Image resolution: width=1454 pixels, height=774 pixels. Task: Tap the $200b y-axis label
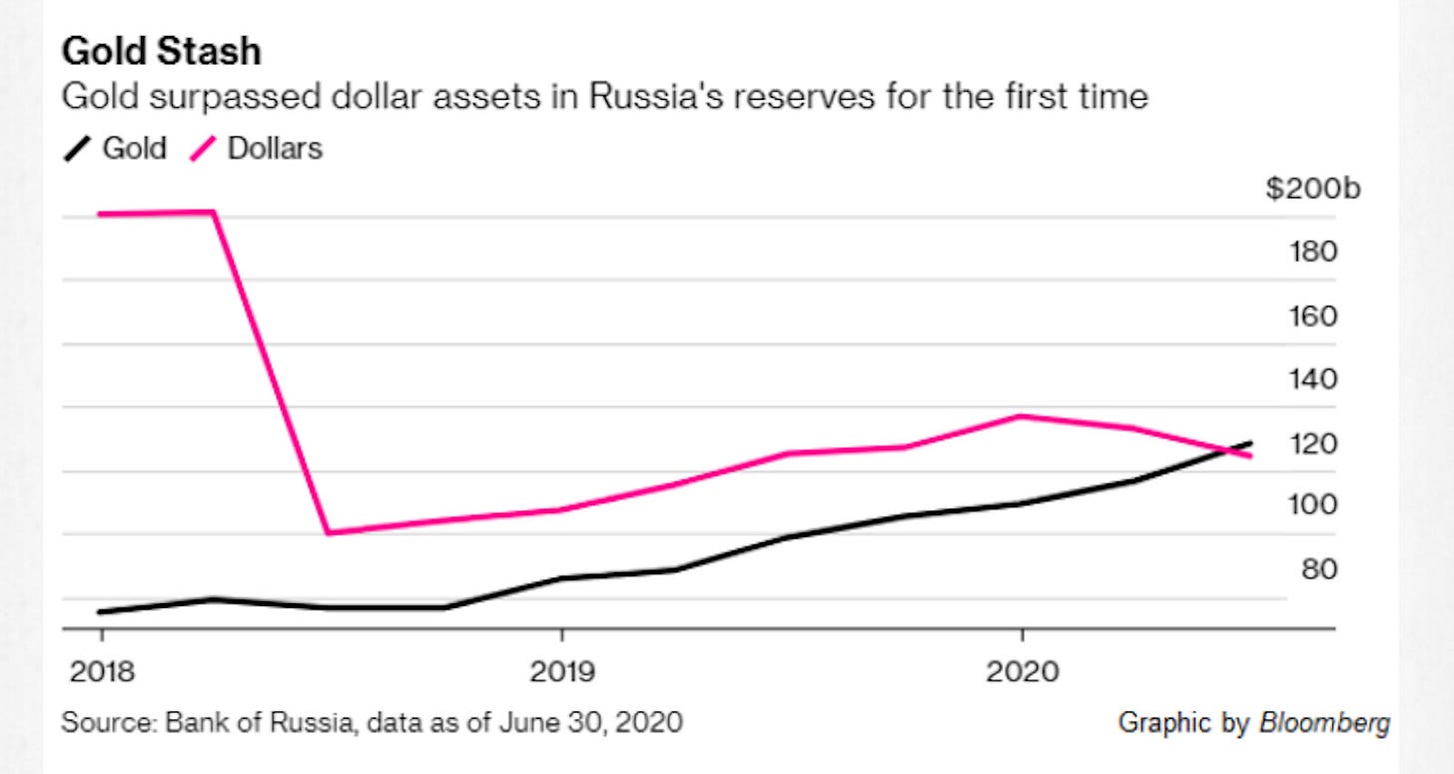click(x=1312, y=189)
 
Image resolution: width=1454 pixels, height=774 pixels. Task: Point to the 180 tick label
click(x=1316, y=251)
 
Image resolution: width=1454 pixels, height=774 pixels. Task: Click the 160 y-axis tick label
click(x=1316, y=316)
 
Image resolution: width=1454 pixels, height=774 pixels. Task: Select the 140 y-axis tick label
click(x=1316, y=380)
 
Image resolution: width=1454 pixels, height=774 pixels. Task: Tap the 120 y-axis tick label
click(x=1316, y=442)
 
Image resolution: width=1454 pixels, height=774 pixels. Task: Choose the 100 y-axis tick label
click(x=1316, y=505)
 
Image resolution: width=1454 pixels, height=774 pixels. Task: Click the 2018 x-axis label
click(x=102, y=672)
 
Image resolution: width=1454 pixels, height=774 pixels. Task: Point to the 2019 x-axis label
click(x=562, y=672)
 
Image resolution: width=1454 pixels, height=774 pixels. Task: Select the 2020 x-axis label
click(x=1021, y=672)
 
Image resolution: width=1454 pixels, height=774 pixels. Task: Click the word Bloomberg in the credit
click(x=1324, y=723)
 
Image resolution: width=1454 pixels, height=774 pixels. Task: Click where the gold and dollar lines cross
click(x=1226, y=451)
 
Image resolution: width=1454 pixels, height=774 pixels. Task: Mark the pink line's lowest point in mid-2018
click(x=328, y=532)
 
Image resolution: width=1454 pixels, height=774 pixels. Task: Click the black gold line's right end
click(x=1250, y=442)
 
